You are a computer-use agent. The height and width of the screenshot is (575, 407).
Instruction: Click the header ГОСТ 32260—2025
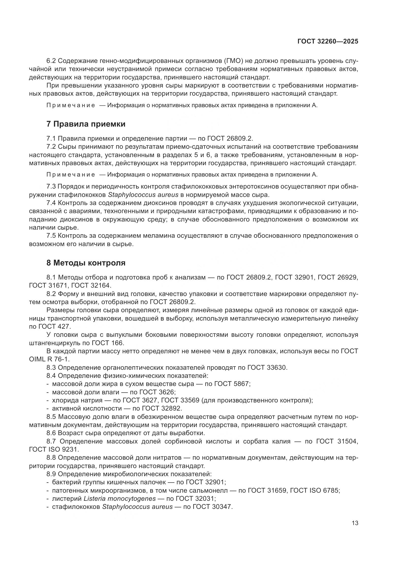[328, 41]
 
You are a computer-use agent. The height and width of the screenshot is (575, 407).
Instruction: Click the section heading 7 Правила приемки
[86, 124]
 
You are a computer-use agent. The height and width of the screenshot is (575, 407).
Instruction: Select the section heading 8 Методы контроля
[86, 263]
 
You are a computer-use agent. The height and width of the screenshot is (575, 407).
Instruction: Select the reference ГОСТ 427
[54, 326]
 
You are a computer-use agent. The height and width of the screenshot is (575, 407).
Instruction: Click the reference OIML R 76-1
[49, 359]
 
